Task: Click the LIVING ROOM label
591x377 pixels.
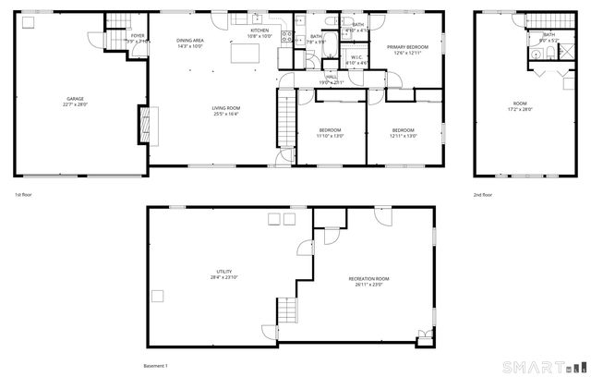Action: pos(226,111)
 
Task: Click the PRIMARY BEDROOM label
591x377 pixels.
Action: pos(405,50)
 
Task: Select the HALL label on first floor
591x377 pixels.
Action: pos(331,79)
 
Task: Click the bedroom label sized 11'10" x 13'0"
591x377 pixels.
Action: pos(330,132)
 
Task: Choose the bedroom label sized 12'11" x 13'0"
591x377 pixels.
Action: pos(404,132)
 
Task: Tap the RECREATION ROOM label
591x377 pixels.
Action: pos(368,281)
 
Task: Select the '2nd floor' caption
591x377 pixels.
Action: pos(483,195)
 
